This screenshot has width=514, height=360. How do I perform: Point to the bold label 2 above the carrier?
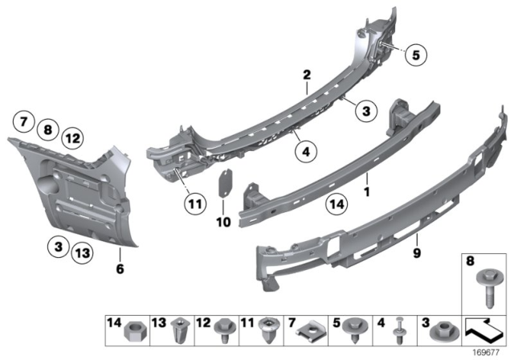pyautogui.click(x=306, y=76)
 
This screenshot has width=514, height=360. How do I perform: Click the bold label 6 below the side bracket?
pyautogui.click(x=120, y=270)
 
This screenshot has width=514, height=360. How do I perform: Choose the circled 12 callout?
pyautogui.click(x=73, y=138)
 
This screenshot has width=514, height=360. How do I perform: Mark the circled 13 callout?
pyautogui.click(x=81, y=253)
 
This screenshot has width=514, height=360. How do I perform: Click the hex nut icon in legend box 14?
pyautogui.click(x=132, y=328)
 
